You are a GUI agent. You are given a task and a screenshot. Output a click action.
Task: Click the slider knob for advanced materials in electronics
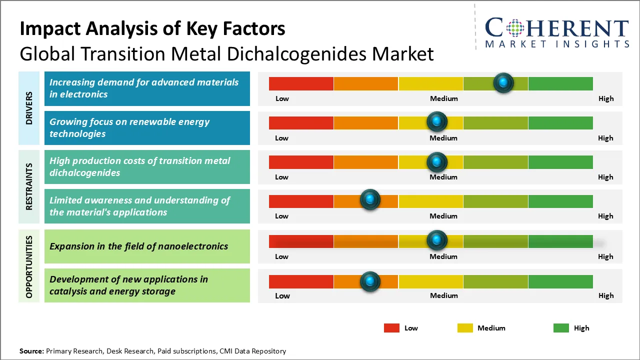click(503, 82)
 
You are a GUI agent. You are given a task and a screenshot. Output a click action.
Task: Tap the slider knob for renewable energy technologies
click(437, 121)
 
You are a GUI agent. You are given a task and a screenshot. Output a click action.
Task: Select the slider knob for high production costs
click(437, 161)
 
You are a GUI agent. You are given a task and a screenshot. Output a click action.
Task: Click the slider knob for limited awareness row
click(370, 200)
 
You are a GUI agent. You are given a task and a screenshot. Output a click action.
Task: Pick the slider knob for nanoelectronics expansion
click(437, 240)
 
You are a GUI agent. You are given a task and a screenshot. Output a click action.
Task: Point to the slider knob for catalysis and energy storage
click(370, 281)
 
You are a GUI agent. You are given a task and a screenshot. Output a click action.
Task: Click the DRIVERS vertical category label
click(29, 108)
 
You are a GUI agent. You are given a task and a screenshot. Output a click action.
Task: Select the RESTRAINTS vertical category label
click(29, 186)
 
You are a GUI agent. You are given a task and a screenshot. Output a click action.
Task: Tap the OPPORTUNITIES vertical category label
click(29, 266)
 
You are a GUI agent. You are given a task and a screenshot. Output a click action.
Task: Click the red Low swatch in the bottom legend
click(391, 328)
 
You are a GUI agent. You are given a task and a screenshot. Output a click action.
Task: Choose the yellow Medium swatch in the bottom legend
click(465, 328)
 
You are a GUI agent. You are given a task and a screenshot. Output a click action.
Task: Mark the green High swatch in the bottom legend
click(561, 328)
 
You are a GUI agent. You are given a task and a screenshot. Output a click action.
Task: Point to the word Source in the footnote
click(31, 351)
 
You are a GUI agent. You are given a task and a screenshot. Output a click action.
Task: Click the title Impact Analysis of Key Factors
click(152, 28)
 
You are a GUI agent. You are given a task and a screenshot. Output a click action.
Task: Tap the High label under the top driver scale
click(606, 98)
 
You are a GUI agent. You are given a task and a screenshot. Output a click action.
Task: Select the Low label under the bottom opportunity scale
click(282, 295)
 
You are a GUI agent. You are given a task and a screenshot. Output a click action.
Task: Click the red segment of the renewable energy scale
click(301, 122)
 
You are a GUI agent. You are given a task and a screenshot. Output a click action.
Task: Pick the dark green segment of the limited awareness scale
click(560, 201)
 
